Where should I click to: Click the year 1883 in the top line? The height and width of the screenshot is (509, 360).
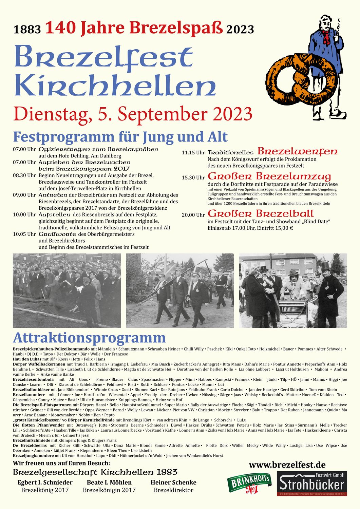click(x=27, y=30)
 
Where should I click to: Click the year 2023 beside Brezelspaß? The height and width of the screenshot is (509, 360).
click(x=240, y=30)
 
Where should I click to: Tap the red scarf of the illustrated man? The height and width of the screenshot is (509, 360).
click(x=326, y=37)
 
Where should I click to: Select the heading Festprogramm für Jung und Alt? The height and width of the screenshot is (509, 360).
click(x=120, y=137)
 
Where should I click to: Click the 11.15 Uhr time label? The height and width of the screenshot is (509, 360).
click(x=193, y=153)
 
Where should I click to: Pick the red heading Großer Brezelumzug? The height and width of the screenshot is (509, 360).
click(x=269, y=176)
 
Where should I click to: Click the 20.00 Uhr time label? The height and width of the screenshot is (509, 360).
click(x=193, y=215)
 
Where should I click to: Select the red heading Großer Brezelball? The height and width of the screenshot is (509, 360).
click(x=261, y=213)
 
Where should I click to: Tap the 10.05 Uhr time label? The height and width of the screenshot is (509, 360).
click(x=24, y=234)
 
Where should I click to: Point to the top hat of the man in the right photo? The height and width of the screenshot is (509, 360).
click(x=326, y=265)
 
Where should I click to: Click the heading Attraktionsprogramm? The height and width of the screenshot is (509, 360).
click(x=89, y=338)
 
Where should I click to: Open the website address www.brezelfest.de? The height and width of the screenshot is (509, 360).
click(x=287, y=465)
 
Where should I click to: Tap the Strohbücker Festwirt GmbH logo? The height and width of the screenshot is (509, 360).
click(x=312, y=484)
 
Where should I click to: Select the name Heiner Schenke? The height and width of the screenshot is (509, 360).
click(x=173, y=482)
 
